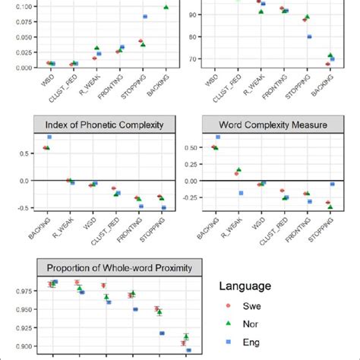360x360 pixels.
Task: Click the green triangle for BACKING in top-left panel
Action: click(x=166, y=7)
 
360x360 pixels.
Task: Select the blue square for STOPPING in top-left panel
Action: click(x=145, y=17)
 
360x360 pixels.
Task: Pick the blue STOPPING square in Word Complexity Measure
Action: click(x=333, y=184)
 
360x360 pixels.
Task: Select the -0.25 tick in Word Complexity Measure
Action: click(x=187, y=197)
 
